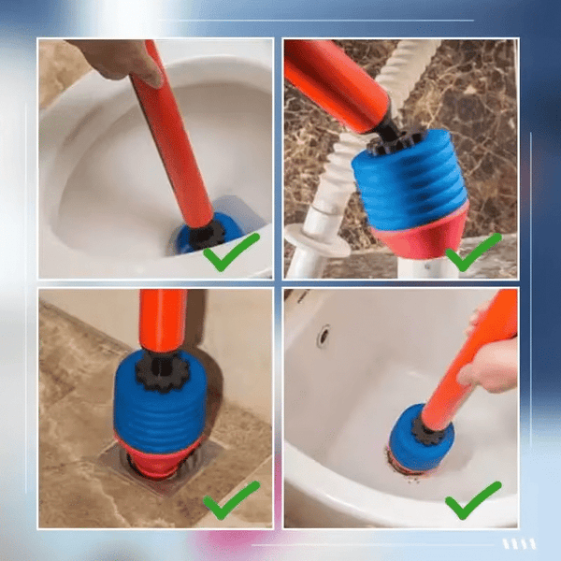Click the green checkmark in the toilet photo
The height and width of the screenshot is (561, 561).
(x=230, y=252)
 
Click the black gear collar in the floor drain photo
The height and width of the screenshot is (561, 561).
(x=164, y=371)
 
